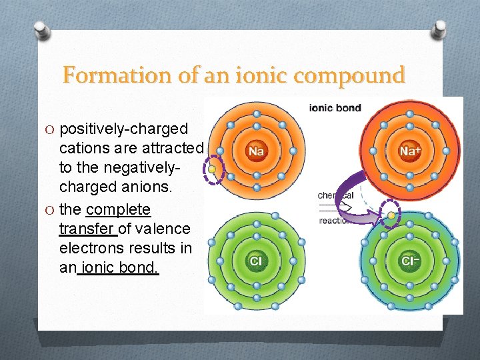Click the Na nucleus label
tap(256, 151)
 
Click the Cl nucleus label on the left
tap(255, 261)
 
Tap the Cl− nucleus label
tap(409, 260)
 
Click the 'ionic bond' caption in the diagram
tap(335, 108)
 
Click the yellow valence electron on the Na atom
tap(212, 170)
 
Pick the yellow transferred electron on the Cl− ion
tap(390, 215)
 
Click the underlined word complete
tap(119, 209)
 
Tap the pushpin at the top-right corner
tap(439, 29)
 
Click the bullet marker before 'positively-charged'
tap(51, 129)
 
